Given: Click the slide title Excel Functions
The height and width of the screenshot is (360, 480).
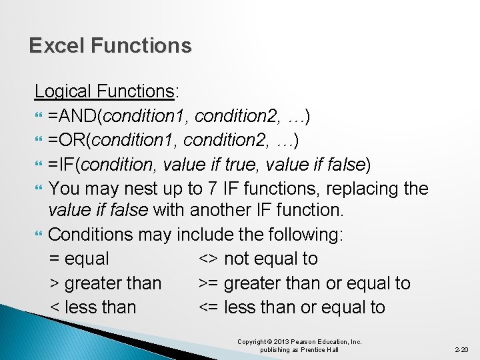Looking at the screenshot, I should [x=110, y=45].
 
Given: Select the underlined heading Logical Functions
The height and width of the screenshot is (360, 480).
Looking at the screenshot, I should [x=103, y=91].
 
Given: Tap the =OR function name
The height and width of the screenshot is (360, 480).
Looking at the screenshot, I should [x=67, y=141].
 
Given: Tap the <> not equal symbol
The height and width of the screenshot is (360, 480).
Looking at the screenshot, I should [x=209, y=259].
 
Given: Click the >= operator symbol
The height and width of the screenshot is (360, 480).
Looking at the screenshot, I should [x=209, y=283].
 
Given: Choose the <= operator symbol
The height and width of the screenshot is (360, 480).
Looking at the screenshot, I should [x=209, y=307].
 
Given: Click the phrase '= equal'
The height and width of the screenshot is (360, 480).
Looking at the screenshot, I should [x=79, y=259].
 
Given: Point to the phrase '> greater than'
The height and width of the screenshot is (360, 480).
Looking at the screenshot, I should [x=105, y=283].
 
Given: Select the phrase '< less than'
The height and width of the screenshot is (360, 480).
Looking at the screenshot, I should [x=93, y=307].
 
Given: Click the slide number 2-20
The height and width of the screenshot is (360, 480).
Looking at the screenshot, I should [x=461, y=349].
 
